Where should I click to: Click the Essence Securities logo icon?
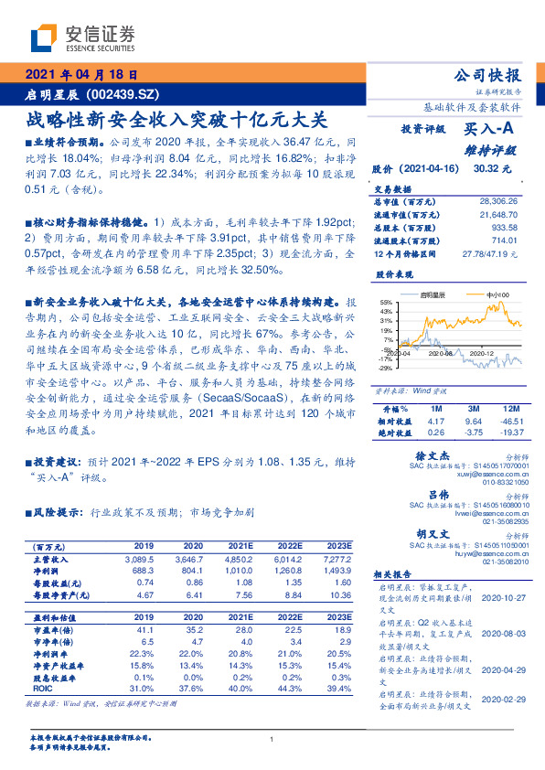(x=46, y=39)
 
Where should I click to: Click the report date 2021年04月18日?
(x=80, y=77)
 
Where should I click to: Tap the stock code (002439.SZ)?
(x=128, y=94)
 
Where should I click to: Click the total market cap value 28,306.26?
(x=498, y=200)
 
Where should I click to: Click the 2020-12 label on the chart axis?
(x=477, y=352)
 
